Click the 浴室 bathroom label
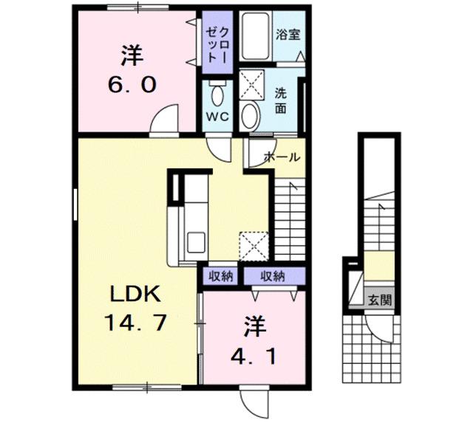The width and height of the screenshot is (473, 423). click(288, 35)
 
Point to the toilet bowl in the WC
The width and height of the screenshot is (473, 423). click(217, 94)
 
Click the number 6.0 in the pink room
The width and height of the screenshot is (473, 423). click(132, 85)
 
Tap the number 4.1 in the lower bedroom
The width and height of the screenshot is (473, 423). click(251, 357)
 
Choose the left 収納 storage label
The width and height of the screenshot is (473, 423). click(220, 276)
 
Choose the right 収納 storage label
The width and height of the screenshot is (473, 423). click(272, 276)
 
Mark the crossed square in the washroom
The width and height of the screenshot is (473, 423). click(251, 85)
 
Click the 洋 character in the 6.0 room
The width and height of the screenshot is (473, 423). click(132, 55)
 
